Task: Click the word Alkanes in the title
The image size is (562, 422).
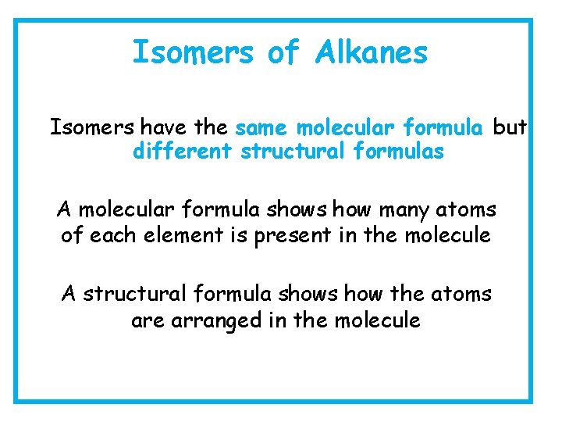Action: tap(372, 53)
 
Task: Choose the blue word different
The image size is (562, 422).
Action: tap(182, 152)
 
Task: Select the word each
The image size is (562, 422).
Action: tap(108, 234)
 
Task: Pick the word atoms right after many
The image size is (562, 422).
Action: tap(471, 210)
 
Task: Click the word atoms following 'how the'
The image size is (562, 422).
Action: tap(466, 295)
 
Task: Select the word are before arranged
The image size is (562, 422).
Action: tap(147, 320)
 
